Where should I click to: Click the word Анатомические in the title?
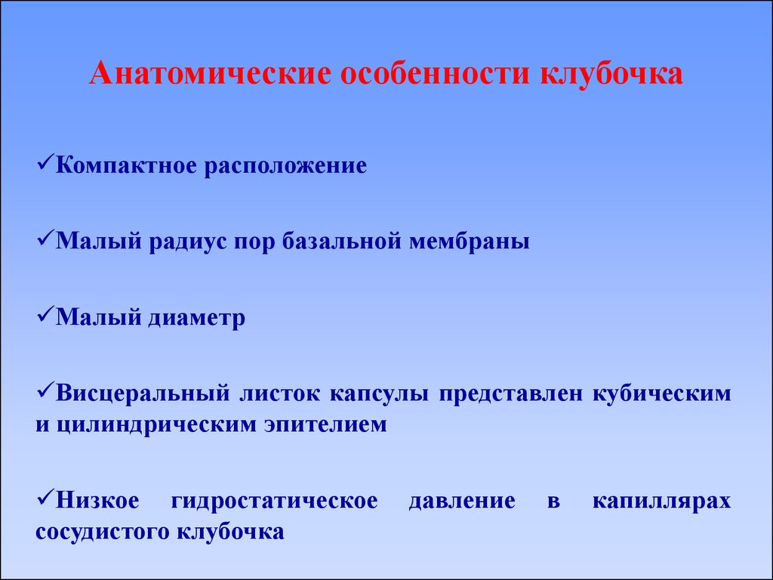pos(211,73)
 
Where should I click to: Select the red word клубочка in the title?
pos(611,73)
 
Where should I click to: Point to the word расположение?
pos(285,166)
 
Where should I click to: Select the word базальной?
pos(341,241)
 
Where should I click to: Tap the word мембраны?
pos(470,242)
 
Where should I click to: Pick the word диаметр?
pos(197,318)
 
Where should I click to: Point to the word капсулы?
pos(379,394)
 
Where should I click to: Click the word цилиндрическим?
pos(156,425)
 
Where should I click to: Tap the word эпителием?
pos(326,424)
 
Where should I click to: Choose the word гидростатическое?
pos(275,501)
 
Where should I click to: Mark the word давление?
pos(462,501)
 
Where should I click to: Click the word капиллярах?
pos(661,501)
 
